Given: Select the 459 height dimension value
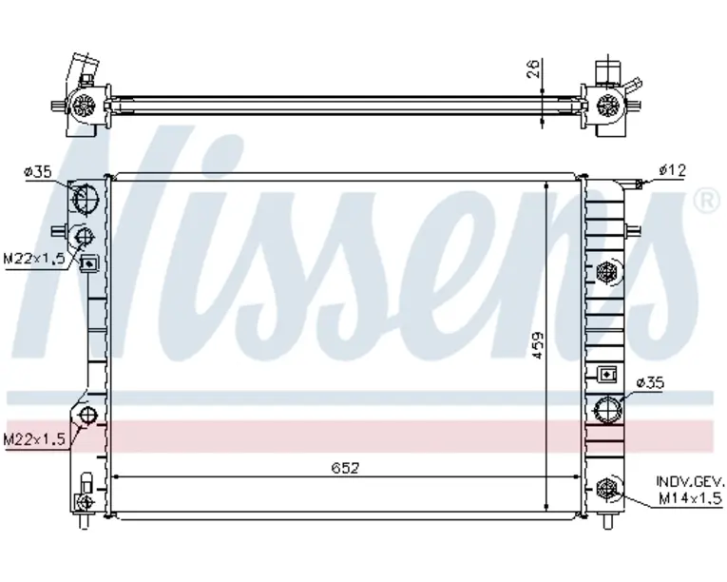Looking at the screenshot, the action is [537, 344].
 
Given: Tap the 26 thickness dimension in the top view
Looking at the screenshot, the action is [534, 68].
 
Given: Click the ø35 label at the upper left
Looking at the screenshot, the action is [38, 172].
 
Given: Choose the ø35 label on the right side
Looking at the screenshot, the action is [650, 383].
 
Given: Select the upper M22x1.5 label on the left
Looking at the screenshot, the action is [34, 258].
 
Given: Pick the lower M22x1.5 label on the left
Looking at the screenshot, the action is [34, 438].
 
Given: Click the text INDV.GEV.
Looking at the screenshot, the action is [689, 481].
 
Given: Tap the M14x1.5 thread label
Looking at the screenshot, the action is [690, 498].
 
